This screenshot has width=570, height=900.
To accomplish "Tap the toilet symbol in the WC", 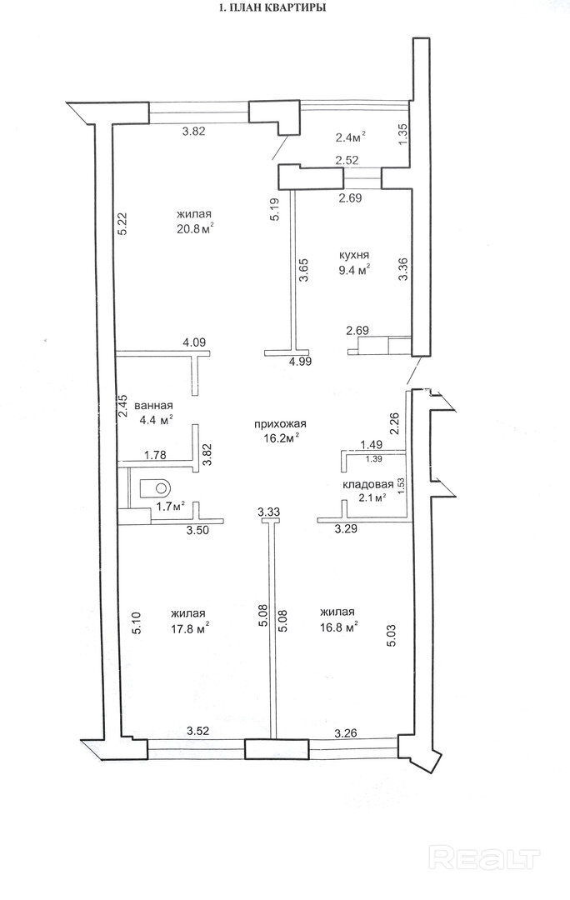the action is [155, 487].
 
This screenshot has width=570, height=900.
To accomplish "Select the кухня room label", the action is [353, 255].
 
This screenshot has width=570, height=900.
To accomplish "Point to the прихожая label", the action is [281, 424].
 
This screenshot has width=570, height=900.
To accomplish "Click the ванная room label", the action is [153, 406].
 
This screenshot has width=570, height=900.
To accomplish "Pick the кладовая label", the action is [368, 484].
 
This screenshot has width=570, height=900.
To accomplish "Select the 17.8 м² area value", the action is [189, 628].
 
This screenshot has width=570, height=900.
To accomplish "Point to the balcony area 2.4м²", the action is [349, 137].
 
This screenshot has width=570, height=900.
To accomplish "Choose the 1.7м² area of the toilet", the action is [171, 507].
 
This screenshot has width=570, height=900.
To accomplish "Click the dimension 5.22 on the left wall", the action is [121, 224].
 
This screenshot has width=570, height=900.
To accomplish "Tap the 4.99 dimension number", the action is [300, 362].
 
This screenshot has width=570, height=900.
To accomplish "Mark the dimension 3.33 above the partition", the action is [268, 512].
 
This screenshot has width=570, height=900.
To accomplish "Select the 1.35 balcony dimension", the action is [402, 134].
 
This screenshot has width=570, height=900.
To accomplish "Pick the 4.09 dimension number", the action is [194, 342].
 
